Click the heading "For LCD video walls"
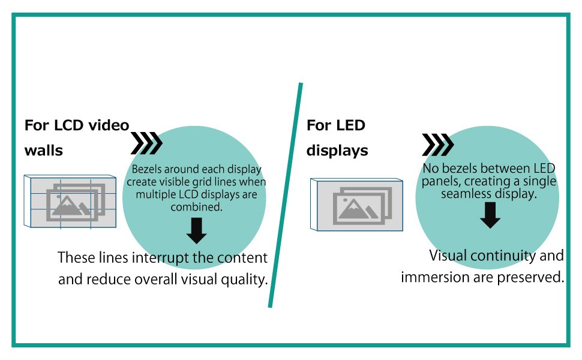point(76,137)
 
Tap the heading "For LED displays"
point(337,137)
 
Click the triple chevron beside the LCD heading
point(146,144)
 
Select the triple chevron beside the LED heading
point(437,145)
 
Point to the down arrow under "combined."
point(196,230)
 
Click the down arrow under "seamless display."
point(490,215)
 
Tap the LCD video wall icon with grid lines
point(70,201)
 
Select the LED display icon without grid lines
point(357,204)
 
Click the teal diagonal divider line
point(285,196)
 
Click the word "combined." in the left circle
point(196,206)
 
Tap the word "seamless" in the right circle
point(465,194)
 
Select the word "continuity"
point(496,256)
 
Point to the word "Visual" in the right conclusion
point(448,256)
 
